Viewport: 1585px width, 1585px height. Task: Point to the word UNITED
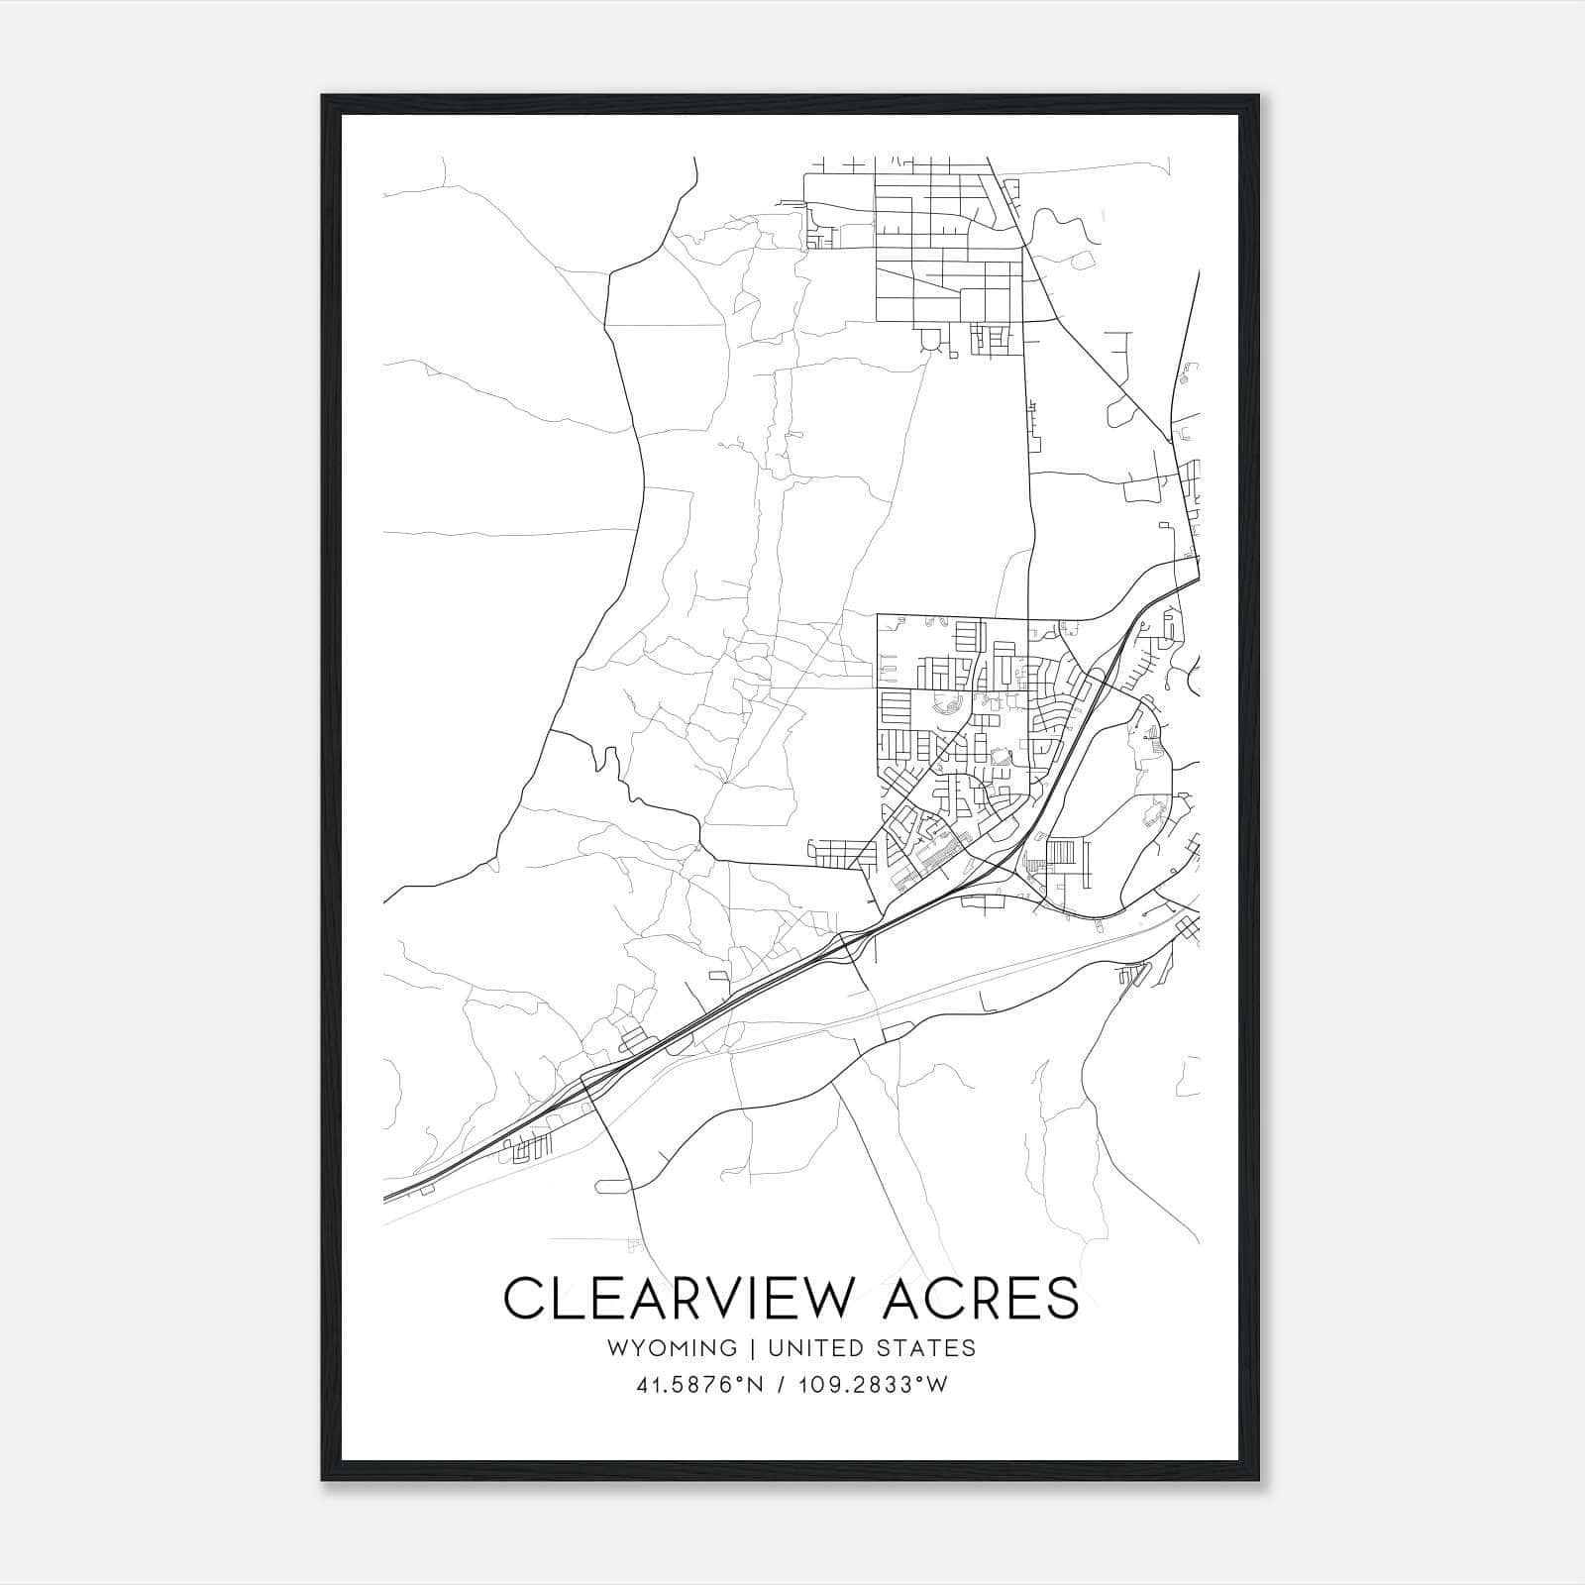[810, 1348]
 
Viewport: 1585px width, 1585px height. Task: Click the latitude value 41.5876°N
[699, 1385]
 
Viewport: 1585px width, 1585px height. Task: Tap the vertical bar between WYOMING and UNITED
[752, 1348]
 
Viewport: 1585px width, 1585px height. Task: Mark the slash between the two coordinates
[783, 1385]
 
